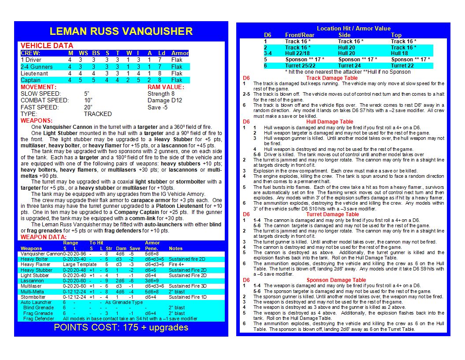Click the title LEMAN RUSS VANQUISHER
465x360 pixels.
coord(121,31)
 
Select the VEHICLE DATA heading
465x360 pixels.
coord(47,46)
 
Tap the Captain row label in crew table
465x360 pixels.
coord(31,80)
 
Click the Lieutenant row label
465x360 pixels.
coord(35,73)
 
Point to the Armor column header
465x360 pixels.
coord(180,53)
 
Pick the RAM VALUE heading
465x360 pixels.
coord(166,87)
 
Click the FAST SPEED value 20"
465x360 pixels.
coord(88,107)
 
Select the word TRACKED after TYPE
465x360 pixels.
coord(97,114)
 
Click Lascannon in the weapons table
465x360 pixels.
coord(32,281)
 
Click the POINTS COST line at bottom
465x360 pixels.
coord(121,327)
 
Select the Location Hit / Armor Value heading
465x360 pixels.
coord(353,29)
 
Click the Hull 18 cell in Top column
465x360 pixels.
coord(399,53)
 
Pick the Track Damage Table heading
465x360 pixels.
coord(332,78)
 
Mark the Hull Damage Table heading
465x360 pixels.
coord(330,122)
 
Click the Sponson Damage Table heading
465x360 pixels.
coord(336,280)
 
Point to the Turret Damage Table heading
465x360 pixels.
coord(333,214)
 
